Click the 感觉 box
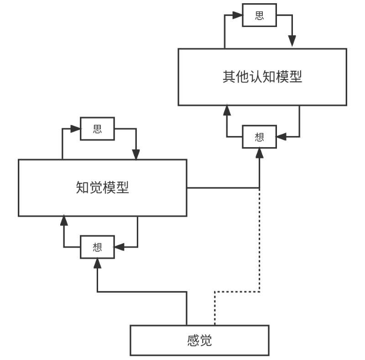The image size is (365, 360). tap(199, 340)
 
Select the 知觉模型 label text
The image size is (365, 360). tap(102, 187)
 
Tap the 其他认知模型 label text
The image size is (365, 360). tap(262, 76)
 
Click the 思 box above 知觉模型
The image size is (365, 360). tap(97, 129)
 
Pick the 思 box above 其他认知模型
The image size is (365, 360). tap(259, 16)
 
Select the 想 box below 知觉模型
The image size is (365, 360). tap(97, 247)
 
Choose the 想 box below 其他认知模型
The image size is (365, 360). tap(259, 137)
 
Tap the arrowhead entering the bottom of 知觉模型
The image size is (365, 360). tap(63, 221)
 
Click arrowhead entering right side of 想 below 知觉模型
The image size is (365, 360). tap(119, 247)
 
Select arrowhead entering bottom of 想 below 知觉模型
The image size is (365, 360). tap(97, 263)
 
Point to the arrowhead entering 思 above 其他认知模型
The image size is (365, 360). tap(237, 16)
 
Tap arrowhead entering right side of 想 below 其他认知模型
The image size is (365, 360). tap(282, 137)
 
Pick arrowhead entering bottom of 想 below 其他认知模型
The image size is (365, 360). tap(259, 153)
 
